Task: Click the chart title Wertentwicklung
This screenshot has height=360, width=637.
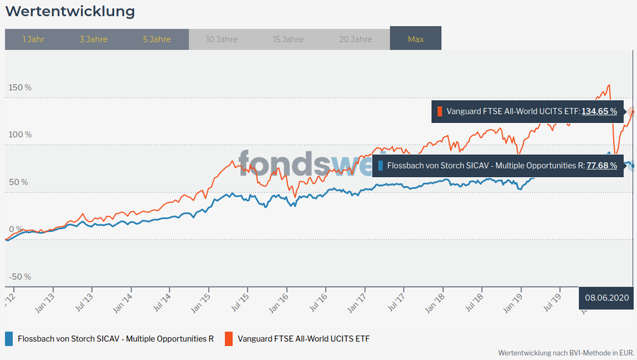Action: click(x=70, y=11)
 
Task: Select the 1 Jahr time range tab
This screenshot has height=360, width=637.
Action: click(x=33, y=40)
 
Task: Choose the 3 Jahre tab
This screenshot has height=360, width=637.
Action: click(x=94, y=40)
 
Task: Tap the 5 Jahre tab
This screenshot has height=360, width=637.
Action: click(x=157, y=40)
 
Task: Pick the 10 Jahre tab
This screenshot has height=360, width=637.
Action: click(x=222, y=40)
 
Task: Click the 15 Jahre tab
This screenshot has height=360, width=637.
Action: click(x=288, y=40)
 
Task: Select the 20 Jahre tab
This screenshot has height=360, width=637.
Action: click(x=355, y=40)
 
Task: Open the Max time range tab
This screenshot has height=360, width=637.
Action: click(x=416, y=40)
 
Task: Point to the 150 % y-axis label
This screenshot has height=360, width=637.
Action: click(x=20, y=87)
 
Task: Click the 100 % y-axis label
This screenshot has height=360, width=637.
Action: click(x=20, y=134)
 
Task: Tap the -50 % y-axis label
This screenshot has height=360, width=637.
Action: click(x=20, y=277)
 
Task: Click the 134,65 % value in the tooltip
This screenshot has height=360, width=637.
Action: click(x=599, y=112)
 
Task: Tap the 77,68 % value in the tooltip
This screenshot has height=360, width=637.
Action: click(x=603, y=166)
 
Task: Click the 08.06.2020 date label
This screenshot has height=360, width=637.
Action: click(x=607, y=298)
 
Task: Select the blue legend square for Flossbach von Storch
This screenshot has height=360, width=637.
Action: click(x=9, y=339)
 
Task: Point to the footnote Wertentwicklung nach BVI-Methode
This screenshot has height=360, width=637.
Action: click(x=566, y=352)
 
